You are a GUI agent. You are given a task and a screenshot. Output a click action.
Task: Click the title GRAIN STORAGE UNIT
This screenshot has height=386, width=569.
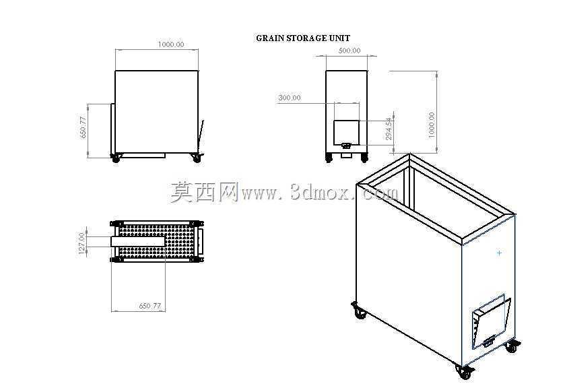(303, 38)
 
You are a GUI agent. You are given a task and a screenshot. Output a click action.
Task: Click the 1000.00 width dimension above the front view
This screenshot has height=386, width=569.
(171, 44)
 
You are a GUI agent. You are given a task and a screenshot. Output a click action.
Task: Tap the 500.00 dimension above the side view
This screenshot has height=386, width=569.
(349, 51)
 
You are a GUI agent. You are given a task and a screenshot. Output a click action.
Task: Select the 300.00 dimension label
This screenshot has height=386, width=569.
(290, 98)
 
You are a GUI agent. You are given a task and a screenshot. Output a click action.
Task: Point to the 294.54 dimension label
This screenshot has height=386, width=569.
(389, 129)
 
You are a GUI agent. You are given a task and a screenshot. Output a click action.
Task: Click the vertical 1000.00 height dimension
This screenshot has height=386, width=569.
(432, 125)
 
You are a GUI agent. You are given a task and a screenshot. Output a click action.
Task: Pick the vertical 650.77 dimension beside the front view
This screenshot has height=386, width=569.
(83, 127)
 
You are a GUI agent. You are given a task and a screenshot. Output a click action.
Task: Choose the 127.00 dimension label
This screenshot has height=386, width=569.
(81, 243)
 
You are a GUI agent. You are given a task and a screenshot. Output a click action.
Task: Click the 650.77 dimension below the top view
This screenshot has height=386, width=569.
(150, 306)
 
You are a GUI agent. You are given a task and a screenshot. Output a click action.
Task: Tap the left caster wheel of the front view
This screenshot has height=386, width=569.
(116, 158)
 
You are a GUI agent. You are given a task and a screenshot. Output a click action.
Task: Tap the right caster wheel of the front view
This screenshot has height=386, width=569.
(197, 158)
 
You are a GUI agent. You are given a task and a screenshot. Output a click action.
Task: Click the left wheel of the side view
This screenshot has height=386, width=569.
(329, 158)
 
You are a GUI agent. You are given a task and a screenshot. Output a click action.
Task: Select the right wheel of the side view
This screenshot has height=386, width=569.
(364, 158)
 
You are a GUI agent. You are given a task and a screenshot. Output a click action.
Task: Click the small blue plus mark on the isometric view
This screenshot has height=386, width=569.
(500, 253)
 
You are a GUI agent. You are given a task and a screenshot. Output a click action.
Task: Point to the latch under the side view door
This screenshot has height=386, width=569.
(346, 146)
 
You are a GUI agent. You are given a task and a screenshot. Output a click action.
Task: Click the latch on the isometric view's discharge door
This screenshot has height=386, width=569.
(488, 342)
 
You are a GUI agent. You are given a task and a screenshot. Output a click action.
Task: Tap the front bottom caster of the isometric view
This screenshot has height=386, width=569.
(465, 373)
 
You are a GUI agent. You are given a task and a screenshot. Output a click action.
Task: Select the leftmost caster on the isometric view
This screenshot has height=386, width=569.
(359, 311)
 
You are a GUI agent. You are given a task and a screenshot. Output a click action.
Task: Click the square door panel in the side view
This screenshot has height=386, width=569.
(347, 132)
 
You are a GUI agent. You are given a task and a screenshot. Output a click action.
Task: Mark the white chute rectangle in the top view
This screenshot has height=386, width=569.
(139, 241)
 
